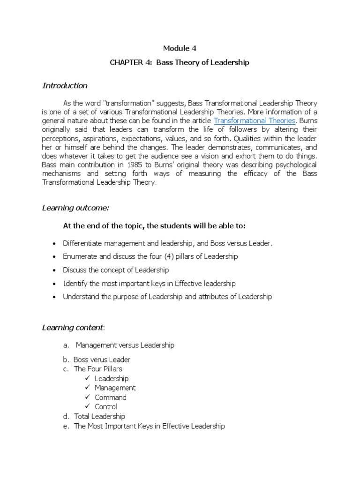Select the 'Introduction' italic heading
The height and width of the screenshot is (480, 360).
pos(65,86)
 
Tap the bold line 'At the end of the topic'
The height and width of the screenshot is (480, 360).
pos(154,226)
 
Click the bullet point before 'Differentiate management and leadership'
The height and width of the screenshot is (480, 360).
pos(54,244)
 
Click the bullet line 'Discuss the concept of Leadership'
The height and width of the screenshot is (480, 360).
pos(116,270)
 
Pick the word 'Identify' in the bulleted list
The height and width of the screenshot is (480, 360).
pos(75,284)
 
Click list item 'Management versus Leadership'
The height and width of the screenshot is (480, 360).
pos(125,345)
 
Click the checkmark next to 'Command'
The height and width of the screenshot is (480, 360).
pos(88,397)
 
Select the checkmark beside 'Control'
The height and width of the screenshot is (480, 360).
pos(88,406)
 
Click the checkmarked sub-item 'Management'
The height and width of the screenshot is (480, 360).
pos(115,388)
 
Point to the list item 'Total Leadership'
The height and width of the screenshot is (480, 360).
pos(99,416)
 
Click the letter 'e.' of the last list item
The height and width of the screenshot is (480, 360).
pos(67,427)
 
